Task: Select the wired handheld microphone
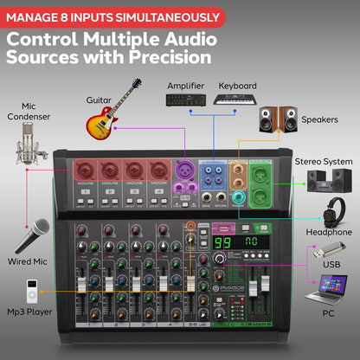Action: coord(30,235)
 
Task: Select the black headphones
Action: coord(333,211)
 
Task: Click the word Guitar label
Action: coord(99,100)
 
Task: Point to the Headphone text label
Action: coord(330,232)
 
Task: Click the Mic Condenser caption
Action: coord(31,111)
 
